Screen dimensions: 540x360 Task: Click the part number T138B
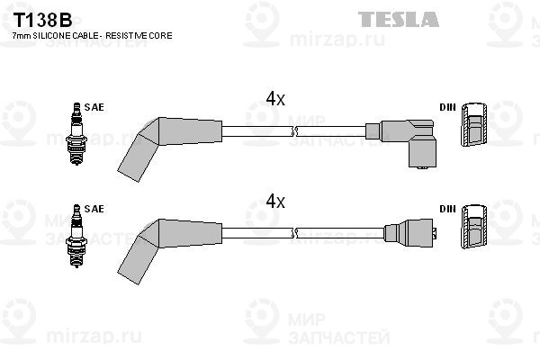pyautogui.click(x=42, y=21)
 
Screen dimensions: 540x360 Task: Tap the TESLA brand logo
pyautogui.click(x=399, y=19)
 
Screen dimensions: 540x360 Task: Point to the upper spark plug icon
pyautogui.click(x=76, y=133)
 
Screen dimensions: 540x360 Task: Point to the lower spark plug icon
pyautogui.click(x=76, y=236)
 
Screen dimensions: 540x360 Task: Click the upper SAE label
pyautogui.click(x=94, y=107)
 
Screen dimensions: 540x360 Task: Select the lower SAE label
pyautogui.click(x=94, y=209)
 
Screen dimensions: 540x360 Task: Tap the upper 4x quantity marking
pyautogui.click(x=275, y=99)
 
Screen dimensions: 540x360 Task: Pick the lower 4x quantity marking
pyautogui.click(x=275, y=202)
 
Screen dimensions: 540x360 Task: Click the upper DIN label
pyautogui.click(x=447, y=107)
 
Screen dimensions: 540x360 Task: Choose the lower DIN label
pyautogui.click(x=447, y=209)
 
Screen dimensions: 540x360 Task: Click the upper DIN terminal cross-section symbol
pyautogui.click(x=474, y=124)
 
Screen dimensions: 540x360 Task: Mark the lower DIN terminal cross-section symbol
pyautogui.click(x=474, y=226)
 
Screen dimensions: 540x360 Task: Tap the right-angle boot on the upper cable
pyautogui.click(x=400, y=143)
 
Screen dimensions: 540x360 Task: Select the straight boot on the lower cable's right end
pyautogui.click(x=410, y=232)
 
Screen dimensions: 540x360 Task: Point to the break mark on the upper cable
pyautogui.click(x=293, y=131)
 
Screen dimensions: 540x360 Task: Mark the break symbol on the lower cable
pyautogui.click(x=293, y=233)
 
